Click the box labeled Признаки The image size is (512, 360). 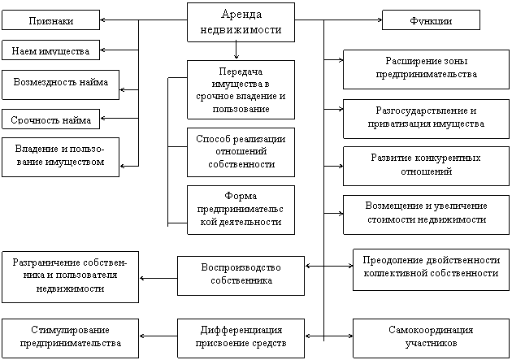[x=50, y=20]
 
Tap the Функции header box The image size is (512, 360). [x=431, y=21]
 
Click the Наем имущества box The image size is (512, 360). [x=50, y=50]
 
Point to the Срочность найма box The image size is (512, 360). [x=50, y=119]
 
